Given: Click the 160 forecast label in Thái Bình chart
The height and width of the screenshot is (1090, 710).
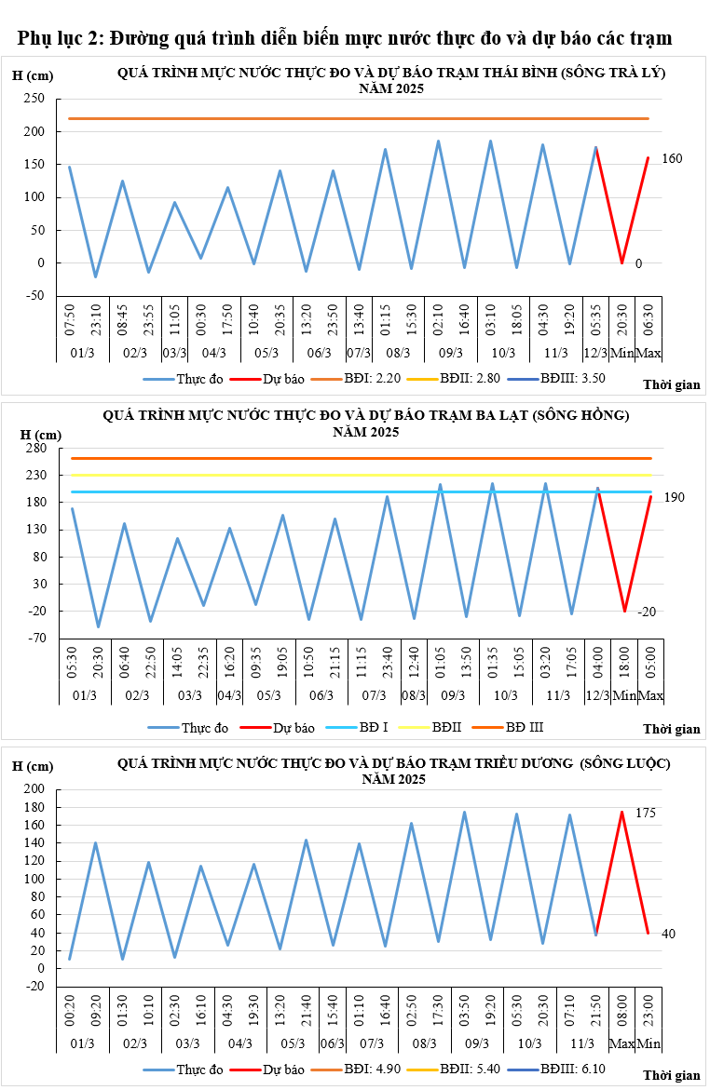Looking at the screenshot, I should tap(672, 159).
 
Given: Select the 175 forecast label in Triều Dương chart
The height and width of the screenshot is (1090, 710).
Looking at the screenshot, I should tap(645, 814).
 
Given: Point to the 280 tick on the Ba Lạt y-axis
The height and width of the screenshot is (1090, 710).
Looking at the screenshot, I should tap(34, 448).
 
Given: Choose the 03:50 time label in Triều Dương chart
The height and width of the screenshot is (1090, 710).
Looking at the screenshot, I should tap(464, 1009).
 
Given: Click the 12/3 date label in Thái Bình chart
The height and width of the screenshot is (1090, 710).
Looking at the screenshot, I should tap(595, 354).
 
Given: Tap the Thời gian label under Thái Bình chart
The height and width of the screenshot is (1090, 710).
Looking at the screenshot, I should tap(671, 384).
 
